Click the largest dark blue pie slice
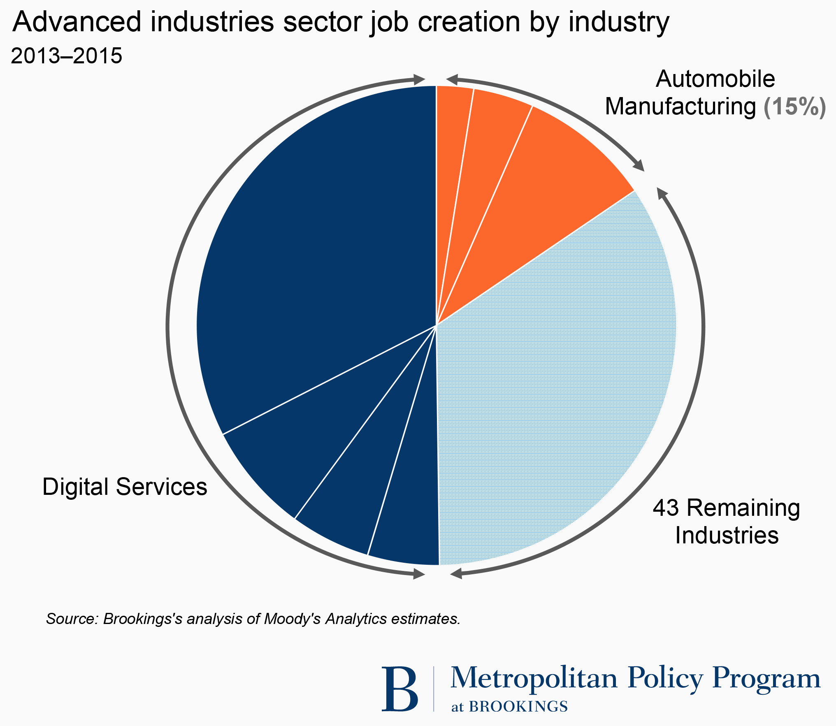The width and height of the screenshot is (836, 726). tap(313, 247)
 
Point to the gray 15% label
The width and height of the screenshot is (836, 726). tap(794, 107)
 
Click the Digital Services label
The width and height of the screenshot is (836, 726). tap(125, 487)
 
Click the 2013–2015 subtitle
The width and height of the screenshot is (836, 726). tap(67, 56)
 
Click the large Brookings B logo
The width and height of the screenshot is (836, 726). tap(399, 689)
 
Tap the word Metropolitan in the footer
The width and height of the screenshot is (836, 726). tap(534, 678)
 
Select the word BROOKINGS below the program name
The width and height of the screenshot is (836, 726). tap(518, 707)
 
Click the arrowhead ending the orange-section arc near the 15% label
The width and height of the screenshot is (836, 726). tap(639, 166)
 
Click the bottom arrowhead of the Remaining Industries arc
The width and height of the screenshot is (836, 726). tap(456, 573)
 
